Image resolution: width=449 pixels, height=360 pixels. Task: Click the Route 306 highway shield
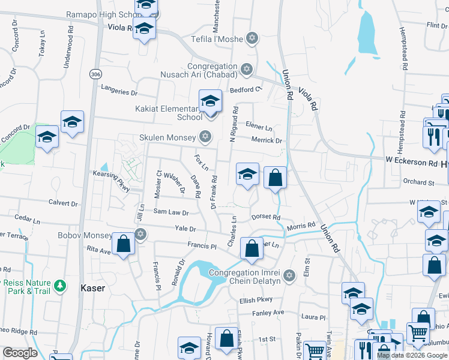click(95, 74)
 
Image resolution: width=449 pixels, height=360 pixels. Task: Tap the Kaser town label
click(92, 288)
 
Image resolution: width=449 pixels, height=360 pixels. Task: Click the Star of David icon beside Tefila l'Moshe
click(252, 39)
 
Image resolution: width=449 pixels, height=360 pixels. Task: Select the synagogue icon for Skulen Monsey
click(206, 137)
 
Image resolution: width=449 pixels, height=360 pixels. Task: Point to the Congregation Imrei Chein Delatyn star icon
click(289, 275)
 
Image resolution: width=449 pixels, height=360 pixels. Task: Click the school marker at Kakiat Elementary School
click(210, 101)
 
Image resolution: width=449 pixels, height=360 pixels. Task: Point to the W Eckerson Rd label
click(411, 163)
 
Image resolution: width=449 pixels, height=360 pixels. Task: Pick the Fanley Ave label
click(268, 312)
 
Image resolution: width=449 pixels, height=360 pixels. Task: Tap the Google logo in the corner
click(20, 353)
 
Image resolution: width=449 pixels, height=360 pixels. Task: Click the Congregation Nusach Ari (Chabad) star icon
click(246, 70)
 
